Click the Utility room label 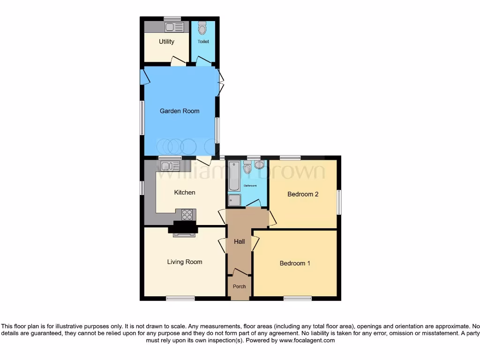[x=166, y=42]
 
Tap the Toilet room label [x=203, y=42]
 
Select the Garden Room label [x=180, y=111]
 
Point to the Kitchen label [x=185, y=192]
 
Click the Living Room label [x=185, y=262]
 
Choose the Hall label [x=240, y=241]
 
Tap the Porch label [x=239, y=286]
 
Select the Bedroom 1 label [x=295, y=263]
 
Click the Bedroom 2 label [x=303, y=194]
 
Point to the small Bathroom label [x=250, y=186]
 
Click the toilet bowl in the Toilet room [x=202, y=29]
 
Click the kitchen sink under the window [x=168, y=165]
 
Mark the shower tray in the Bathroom [x=234, y=201]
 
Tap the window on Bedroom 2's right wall [x=339, y=202]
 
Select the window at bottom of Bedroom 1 [x=298, y=298]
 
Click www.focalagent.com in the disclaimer [x=307, y=341]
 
